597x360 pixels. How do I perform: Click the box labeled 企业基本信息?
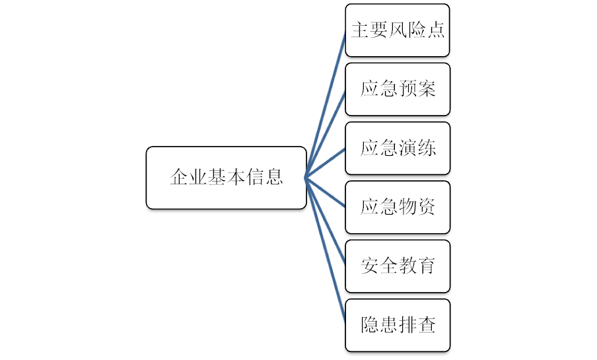[x=226, y=177]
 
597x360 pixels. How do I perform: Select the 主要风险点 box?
[x=397, y=30]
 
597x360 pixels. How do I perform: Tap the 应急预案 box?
[x=397, y=89]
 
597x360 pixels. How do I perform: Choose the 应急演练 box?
[x=397, y=148]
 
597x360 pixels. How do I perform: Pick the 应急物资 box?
[x=397, y=207]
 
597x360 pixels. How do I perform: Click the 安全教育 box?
[x=397, y=266]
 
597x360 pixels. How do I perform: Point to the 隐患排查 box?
[x=397, y=325]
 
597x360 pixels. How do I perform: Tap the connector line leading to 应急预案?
[x=327, y=131]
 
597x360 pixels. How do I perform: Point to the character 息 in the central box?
[x=274, y=177]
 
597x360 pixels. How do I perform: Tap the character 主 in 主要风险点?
[x=359, y=30]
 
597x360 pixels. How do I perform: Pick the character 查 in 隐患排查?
[x=427, y=325]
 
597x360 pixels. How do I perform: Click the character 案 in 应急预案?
[x=427, y=89]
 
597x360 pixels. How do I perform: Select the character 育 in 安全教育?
[x=427, y=266]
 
